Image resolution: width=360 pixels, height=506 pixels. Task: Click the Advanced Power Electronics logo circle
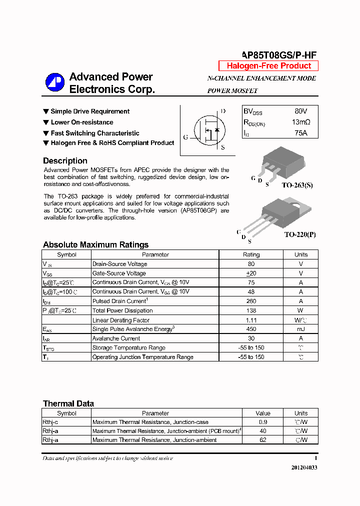click(55, 83)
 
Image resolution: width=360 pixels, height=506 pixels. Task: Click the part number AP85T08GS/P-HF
click(279, 55)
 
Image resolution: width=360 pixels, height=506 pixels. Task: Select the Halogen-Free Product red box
click(268, 66)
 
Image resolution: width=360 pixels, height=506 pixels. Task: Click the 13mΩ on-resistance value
click(300, 122)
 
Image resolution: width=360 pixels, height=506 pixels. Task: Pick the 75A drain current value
click(300, 132)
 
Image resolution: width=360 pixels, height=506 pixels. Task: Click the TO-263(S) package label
click(297, 185)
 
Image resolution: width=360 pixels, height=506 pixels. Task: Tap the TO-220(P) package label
click(300, 234)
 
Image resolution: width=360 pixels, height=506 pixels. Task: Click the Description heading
click(65, 160)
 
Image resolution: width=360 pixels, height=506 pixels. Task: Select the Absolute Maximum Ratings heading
click(95, 244)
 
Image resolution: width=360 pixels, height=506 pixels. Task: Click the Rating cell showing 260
click(251, 301)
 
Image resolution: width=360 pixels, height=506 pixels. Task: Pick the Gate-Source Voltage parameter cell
click(119, 273)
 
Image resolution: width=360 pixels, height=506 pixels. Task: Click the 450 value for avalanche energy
click(251, 329)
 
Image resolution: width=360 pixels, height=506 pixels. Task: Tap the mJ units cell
click(301, 329)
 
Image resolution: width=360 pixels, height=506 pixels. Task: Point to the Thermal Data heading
click(68, 403)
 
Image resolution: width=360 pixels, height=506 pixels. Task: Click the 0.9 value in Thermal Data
click(262, 422)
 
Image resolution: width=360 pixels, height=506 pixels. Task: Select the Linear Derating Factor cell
click(121, 320)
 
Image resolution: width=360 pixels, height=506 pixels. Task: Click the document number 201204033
click(304, 467)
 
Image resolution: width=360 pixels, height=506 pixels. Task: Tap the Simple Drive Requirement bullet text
click(90, 111)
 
